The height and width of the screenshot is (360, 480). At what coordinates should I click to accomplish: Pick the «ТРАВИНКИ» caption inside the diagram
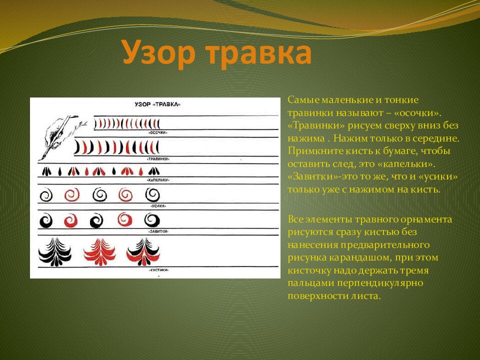pos(157,158)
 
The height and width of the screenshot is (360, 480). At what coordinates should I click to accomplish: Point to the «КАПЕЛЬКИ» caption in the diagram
pos(157,179)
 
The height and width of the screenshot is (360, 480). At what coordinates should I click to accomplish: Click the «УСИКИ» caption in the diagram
pos(158,205)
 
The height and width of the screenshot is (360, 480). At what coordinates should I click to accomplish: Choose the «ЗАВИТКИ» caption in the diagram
pos(158,232)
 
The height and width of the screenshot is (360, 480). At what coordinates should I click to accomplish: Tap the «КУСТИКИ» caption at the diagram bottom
pos(158,269)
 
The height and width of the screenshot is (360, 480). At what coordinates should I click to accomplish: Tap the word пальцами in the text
pos(306,283)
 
